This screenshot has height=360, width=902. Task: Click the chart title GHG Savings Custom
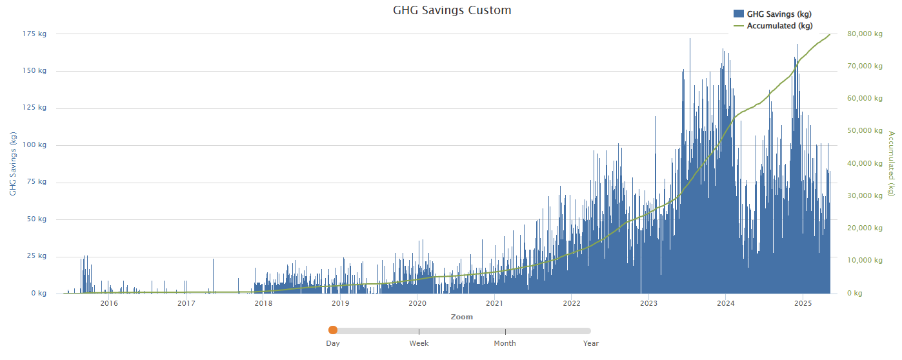click(452, 10)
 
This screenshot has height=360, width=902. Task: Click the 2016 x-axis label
click(109, 303)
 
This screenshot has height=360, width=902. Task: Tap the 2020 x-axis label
click(417, 303)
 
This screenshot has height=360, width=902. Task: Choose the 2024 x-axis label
click(726, 303)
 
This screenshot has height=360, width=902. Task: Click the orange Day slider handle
click(333, 330)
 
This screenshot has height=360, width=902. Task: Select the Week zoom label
click(419, 343)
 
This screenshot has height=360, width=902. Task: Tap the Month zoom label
click(505, 343)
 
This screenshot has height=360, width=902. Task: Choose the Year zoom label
click(591, 343)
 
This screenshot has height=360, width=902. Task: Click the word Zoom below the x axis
click(462, 317)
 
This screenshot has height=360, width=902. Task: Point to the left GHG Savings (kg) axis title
click(12, 164)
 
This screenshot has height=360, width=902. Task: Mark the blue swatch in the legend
click(738, 14)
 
